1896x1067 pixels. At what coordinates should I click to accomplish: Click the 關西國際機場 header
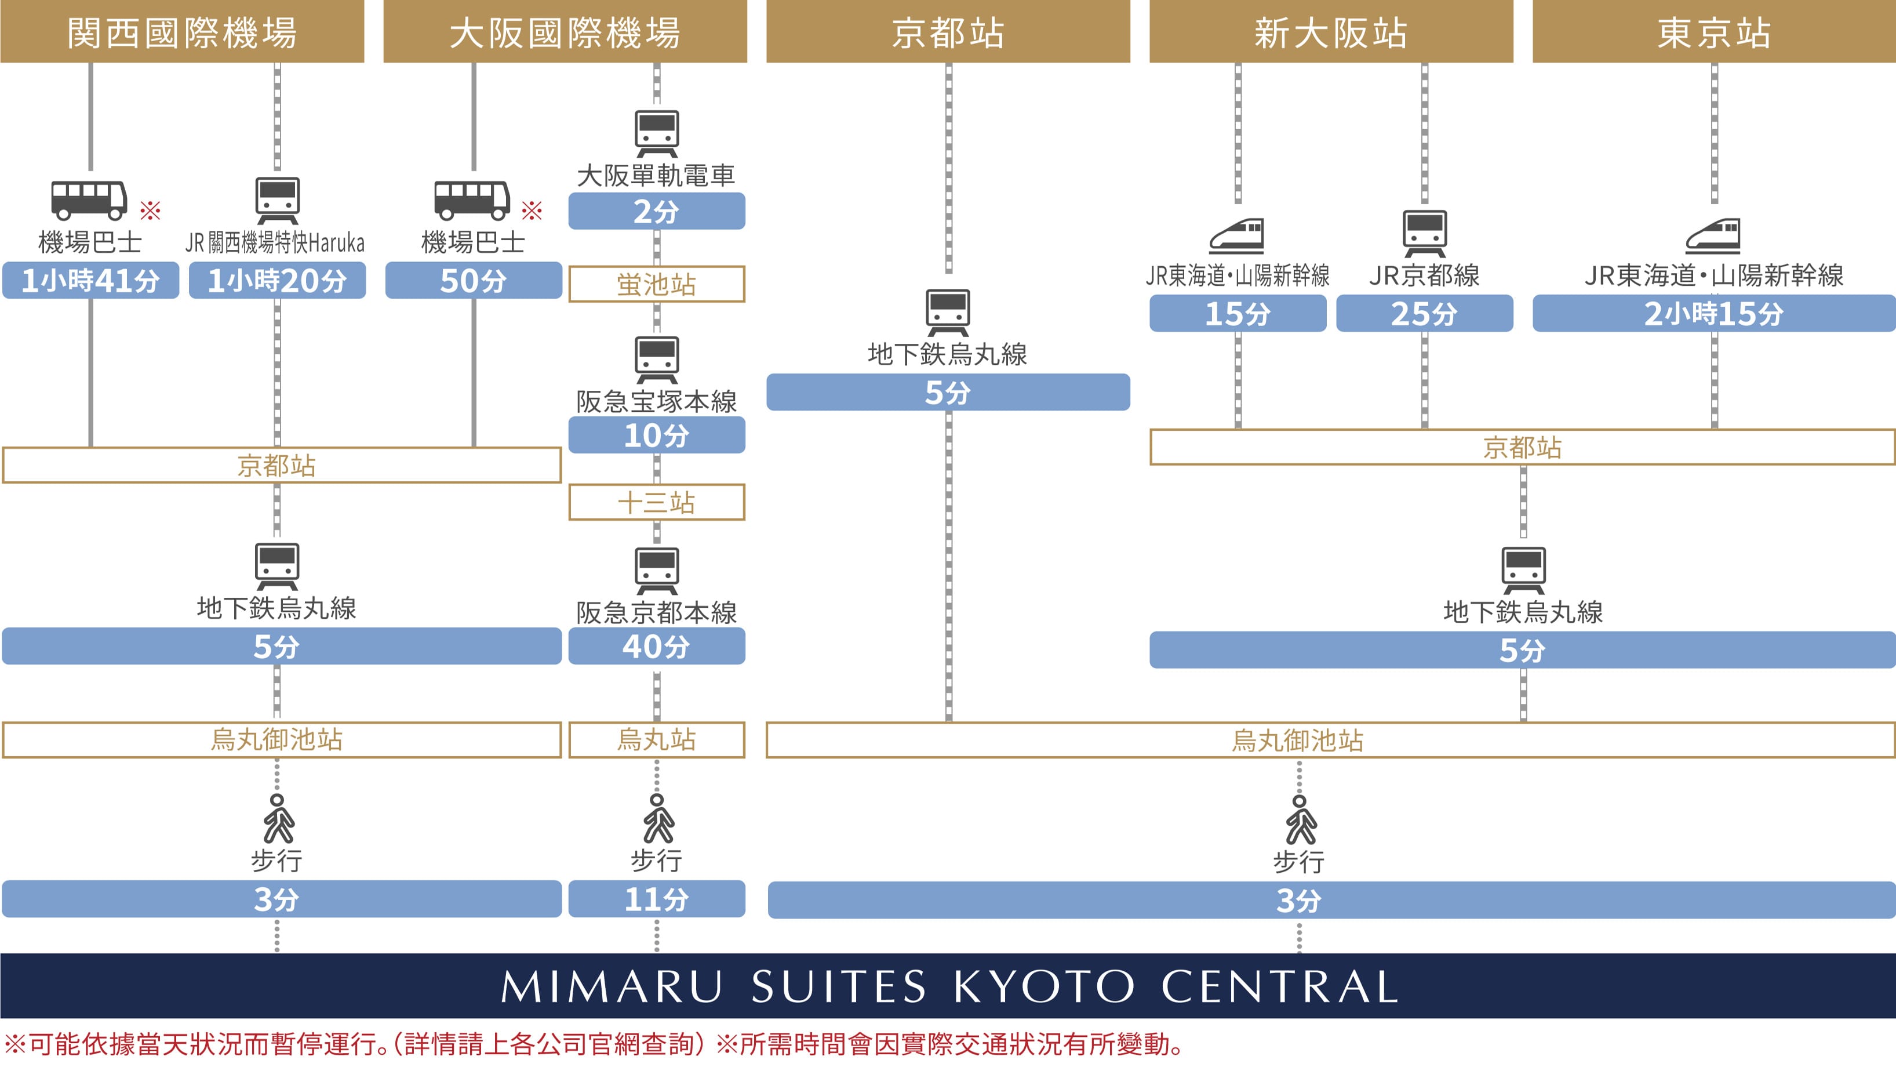tap(182, 32)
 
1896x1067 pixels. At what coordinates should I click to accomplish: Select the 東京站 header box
tap(1713, 32)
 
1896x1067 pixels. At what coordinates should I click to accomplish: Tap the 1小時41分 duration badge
tap(90, 281)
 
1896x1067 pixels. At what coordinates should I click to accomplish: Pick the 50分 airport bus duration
tap(473, 281)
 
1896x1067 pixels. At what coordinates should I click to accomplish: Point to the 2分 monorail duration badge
tap(657, 211)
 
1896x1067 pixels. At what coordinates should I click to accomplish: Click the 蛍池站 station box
tap(657, 284)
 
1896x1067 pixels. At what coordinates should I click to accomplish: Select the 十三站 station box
tap(657, 502)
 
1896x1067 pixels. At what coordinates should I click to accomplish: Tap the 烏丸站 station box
tap(657, 739)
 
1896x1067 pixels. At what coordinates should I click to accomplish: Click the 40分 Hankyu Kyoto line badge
tap(657, 647)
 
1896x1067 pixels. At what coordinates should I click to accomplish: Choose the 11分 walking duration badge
tap(657, 899)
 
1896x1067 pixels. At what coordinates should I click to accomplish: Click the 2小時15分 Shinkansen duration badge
tap(1713, 314)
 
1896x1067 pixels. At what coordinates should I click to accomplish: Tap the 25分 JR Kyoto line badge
tap(1424, 314)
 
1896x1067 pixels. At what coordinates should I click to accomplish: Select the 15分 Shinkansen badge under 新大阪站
tap(1238, 314)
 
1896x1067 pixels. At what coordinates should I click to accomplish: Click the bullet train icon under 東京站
tap(1713, 235)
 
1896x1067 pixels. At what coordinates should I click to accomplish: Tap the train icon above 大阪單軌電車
tap(657, 133)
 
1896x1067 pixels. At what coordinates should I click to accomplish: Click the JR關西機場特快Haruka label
tap(275, 242)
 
